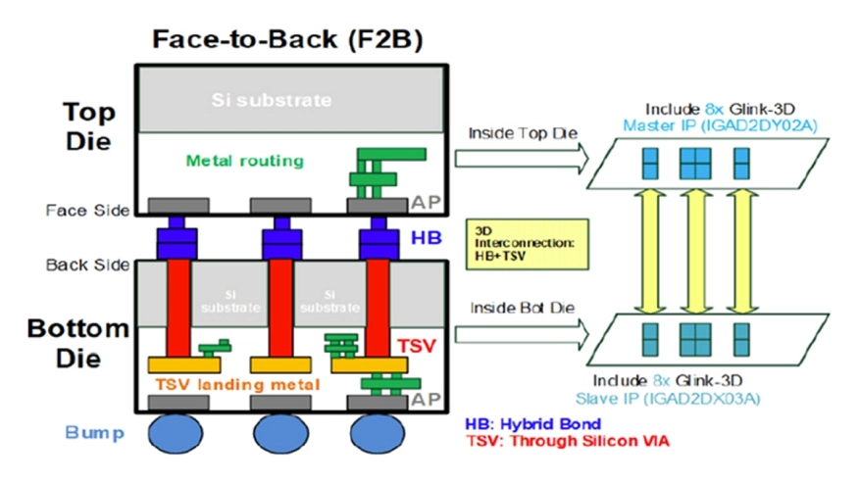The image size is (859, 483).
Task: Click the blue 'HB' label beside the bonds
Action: pyautogui.click(x=424, y=238)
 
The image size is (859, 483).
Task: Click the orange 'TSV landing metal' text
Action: pyautogui.click(x=239, y=384)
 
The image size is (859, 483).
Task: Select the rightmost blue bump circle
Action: pyautogui.click(x=378, y=433)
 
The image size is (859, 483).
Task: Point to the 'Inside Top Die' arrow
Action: pyautogui.click(x=521, y=155)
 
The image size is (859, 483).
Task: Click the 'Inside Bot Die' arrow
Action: pyautogui.click(x=521, y=335)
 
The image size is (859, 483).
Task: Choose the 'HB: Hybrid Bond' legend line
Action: pyautogui.click(x=531, y=424)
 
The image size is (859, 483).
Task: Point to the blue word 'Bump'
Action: pyautogui.click(x=95, y=431)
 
